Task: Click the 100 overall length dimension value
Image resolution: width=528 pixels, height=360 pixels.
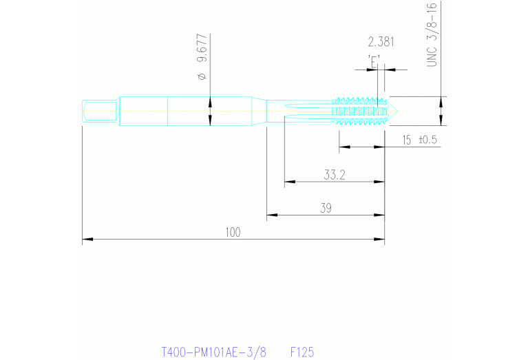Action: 233,233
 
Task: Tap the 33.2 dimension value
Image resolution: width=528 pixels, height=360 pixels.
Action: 334,175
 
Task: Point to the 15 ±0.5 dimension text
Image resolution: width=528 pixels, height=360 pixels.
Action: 420,140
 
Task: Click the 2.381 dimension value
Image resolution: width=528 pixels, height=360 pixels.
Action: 381,41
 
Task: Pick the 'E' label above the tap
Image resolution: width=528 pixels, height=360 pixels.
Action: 374,60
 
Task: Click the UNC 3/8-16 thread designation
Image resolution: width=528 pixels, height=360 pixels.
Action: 432,34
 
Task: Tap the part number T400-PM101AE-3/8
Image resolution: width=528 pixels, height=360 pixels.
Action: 213,352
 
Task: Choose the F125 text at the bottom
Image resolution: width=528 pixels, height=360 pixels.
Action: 302,352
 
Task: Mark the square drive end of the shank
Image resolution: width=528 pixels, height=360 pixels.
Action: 98,111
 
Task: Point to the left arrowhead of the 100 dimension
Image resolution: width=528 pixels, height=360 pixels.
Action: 86,240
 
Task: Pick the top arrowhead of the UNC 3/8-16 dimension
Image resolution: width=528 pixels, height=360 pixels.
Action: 441,100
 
